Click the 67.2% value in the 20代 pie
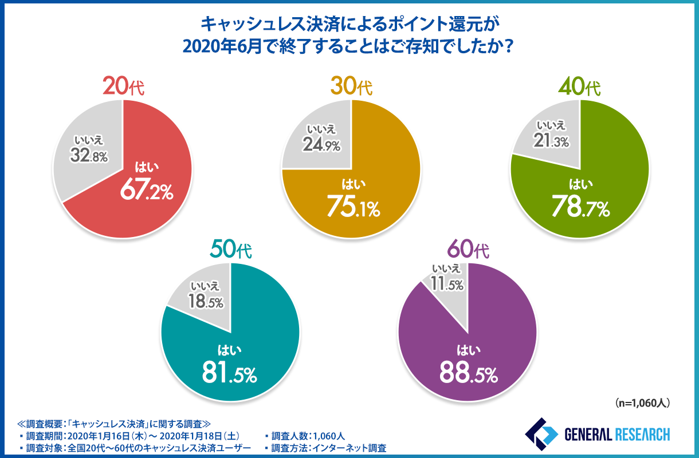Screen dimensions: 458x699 click(146, 192)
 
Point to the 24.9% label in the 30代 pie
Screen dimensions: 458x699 click(322, 145)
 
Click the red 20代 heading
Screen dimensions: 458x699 click(124, 86)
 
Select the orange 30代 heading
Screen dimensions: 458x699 click(351, 86)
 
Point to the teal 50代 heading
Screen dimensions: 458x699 click(231, 250)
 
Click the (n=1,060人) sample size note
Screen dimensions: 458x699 click(642, 403)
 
